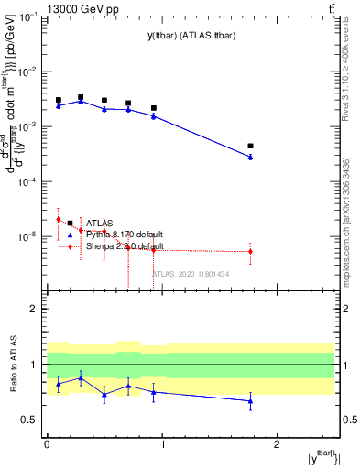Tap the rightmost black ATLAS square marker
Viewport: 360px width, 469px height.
pos(250,146)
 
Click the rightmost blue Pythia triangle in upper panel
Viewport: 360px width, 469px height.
pos(250,158)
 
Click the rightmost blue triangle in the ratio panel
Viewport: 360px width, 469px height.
pos(250,400)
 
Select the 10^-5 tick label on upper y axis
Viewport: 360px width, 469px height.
pos(29,236)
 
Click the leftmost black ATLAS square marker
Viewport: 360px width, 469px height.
pos(59,100)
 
